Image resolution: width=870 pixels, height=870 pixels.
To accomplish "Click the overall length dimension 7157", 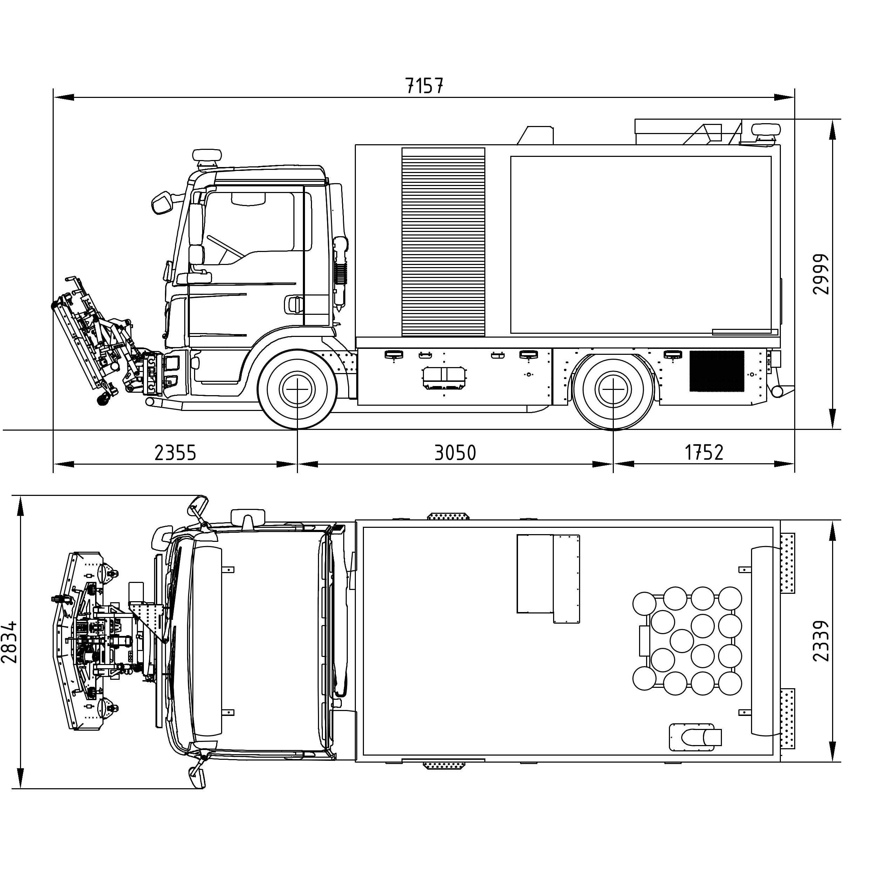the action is (x=424, y=86).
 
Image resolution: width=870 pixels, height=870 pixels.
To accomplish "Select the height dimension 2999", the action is (x=821, y=274).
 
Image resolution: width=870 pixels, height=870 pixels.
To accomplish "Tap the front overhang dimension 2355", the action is (x=175, y=453).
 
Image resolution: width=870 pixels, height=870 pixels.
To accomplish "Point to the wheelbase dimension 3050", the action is (x=455, y=453).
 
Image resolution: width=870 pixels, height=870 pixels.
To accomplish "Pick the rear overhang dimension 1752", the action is (x=704, y=453).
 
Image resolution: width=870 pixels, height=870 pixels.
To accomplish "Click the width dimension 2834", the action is (x=9, y=642).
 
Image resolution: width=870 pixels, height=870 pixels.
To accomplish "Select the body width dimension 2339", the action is (x=821, y=641).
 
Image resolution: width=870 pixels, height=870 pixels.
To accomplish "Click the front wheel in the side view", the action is (x=297, y=389).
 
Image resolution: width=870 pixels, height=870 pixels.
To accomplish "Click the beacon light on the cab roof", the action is (x=207, y=155).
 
